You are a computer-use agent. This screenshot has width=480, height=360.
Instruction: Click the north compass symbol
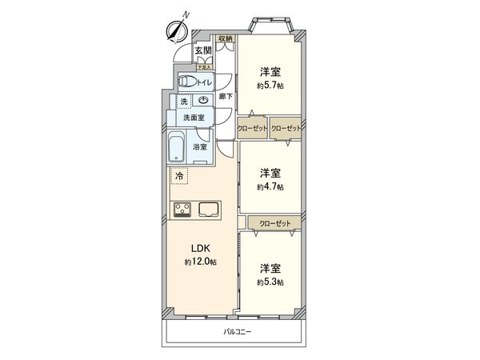coord(176,30)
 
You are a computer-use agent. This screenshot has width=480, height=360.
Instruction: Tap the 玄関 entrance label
coord(202,52)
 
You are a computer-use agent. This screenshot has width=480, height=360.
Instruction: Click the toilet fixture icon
coord(187,81)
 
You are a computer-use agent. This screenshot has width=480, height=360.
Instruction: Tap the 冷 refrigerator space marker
coord(179,176)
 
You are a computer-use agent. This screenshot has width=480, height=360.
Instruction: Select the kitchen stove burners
coord(181,210)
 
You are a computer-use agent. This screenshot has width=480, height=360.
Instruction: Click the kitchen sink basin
coord(210,210)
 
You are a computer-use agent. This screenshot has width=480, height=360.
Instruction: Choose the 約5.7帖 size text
coord(270,86)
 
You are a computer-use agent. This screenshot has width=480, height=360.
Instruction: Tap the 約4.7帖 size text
coord(270,186)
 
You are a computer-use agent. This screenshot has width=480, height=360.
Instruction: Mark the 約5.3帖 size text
coord(270,282)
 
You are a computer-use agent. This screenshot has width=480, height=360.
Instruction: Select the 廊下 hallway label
coord(226,97)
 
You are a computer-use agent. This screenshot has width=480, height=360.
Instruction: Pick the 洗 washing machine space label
coord(182,102)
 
